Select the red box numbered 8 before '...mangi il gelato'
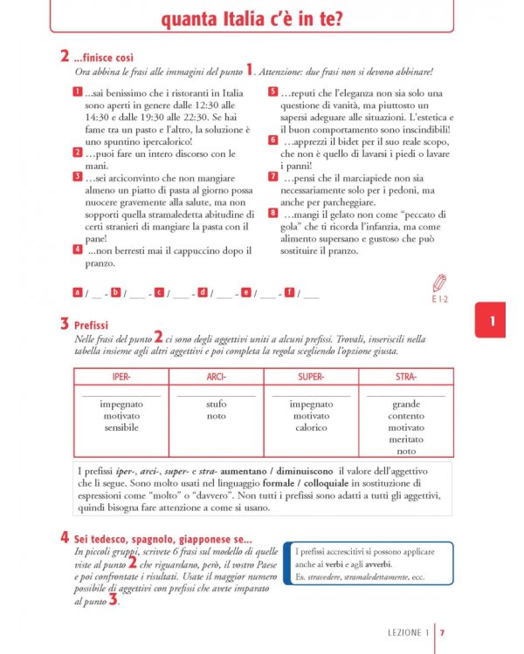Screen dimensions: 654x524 pos(273,212)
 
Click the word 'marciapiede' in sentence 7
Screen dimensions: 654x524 pos(369,176)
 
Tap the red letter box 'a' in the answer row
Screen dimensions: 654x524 pos(78,292)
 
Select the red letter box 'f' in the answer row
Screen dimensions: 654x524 pos(289,292)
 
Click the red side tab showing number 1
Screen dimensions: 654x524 pos(493,321)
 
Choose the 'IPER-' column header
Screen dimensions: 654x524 pos(121,377)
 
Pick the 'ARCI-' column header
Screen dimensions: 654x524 pos(216,377)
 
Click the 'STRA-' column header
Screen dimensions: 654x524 pos(406,377)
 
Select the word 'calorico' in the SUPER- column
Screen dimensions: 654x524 pos(311,428)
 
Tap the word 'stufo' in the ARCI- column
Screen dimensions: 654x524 pos(216,405)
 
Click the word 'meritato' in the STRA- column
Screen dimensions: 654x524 pos(406,439)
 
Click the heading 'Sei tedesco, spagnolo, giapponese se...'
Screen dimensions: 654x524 pos(163,538)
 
